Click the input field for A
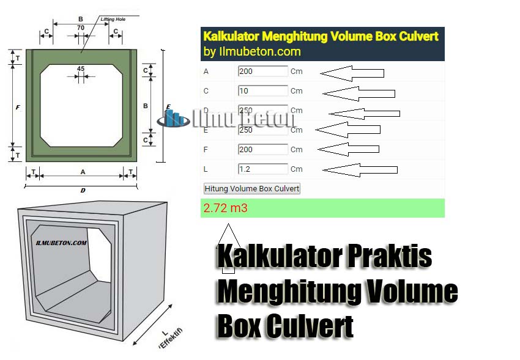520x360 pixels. pos(262,72)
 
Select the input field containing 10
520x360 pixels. pos(262,91)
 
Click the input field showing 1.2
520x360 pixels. pos(262,169)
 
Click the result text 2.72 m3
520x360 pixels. pos(226,208)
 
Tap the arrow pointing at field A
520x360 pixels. pos(352,73)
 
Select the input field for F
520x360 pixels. pos(262,150)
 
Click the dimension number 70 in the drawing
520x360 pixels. pos(81,28)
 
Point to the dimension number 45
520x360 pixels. pos(81,68)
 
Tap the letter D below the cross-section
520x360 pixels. pos(83,190)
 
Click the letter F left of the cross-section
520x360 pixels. pos(17,108)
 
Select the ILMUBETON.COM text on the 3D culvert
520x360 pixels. pos(61,243)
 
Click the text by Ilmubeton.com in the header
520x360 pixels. pos(252,52)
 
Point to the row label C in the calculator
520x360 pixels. pos(206,91)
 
